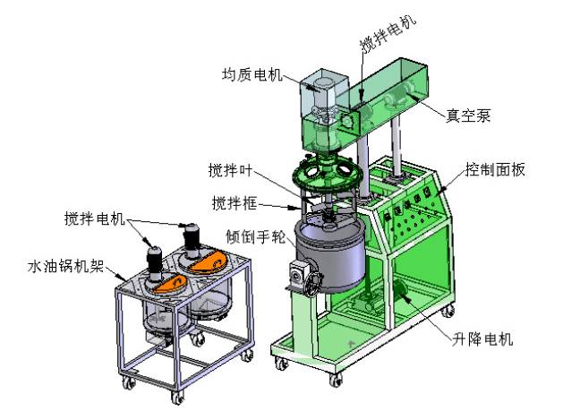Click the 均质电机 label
252,74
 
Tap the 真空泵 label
468,116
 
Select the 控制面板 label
495,170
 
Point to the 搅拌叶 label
230,170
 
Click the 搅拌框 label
234,203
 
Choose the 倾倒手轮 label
255,236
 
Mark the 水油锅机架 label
66,266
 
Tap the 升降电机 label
482,338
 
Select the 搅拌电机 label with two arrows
94,219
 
